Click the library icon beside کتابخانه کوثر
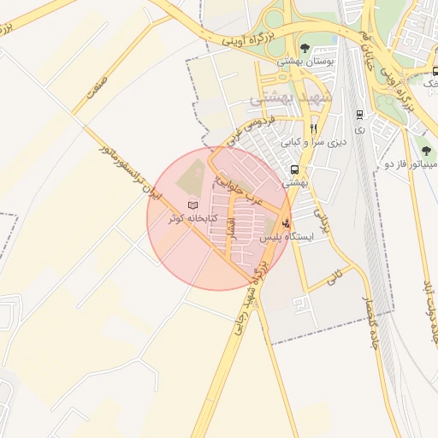point(192,205)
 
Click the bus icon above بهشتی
point(294,169)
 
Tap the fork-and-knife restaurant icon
point(313,128)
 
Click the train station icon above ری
point(358,114)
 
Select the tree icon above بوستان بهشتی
point(305,48)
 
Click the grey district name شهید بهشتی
point(283,99)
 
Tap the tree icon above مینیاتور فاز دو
point(424,144)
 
